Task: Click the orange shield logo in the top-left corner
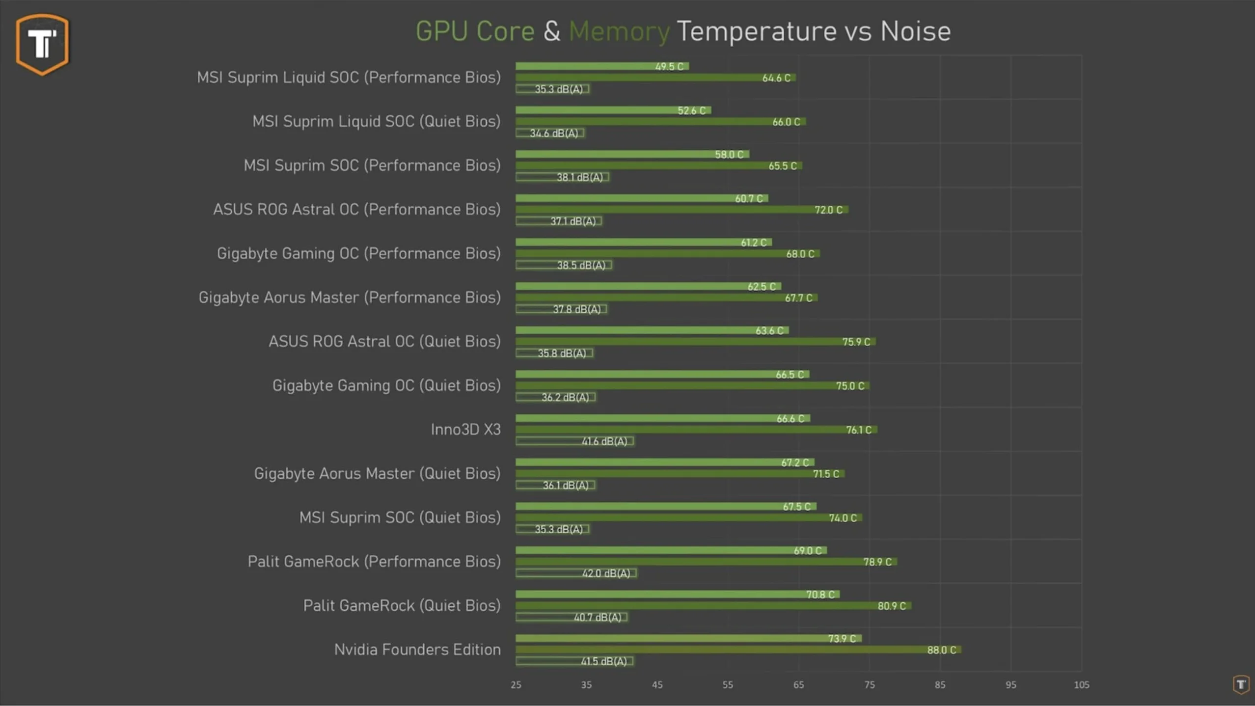(x=42, y=44)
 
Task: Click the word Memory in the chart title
(x=619, y=32)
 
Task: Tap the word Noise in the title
(x=915, y=32)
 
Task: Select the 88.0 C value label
(x=941, y=650)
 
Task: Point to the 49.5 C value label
(x=669, y=67)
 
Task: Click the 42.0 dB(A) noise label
(x=606, y=573)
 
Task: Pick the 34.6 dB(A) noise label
(x=554, y=134)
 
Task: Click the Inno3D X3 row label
(x=465, y=430)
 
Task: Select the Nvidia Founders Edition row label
(x=417, y=650)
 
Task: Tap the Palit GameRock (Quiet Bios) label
(x=402, y=605)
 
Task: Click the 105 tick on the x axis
(x=1081, y=685)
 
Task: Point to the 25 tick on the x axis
(x=516, y=685)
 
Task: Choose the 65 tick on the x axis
(x=798, y=685)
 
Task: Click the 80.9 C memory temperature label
(x=892, y=606)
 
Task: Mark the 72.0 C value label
(x=828, y=210)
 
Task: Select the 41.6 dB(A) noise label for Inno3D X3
(x=604, y=441)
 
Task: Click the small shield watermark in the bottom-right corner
(x=1241, y=684)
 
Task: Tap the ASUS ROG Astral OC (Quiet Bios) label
(x=384, y=341)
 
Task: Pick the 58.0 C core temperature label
(x=729, y=155)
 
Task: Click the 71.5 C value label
(x=826, y=474)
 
